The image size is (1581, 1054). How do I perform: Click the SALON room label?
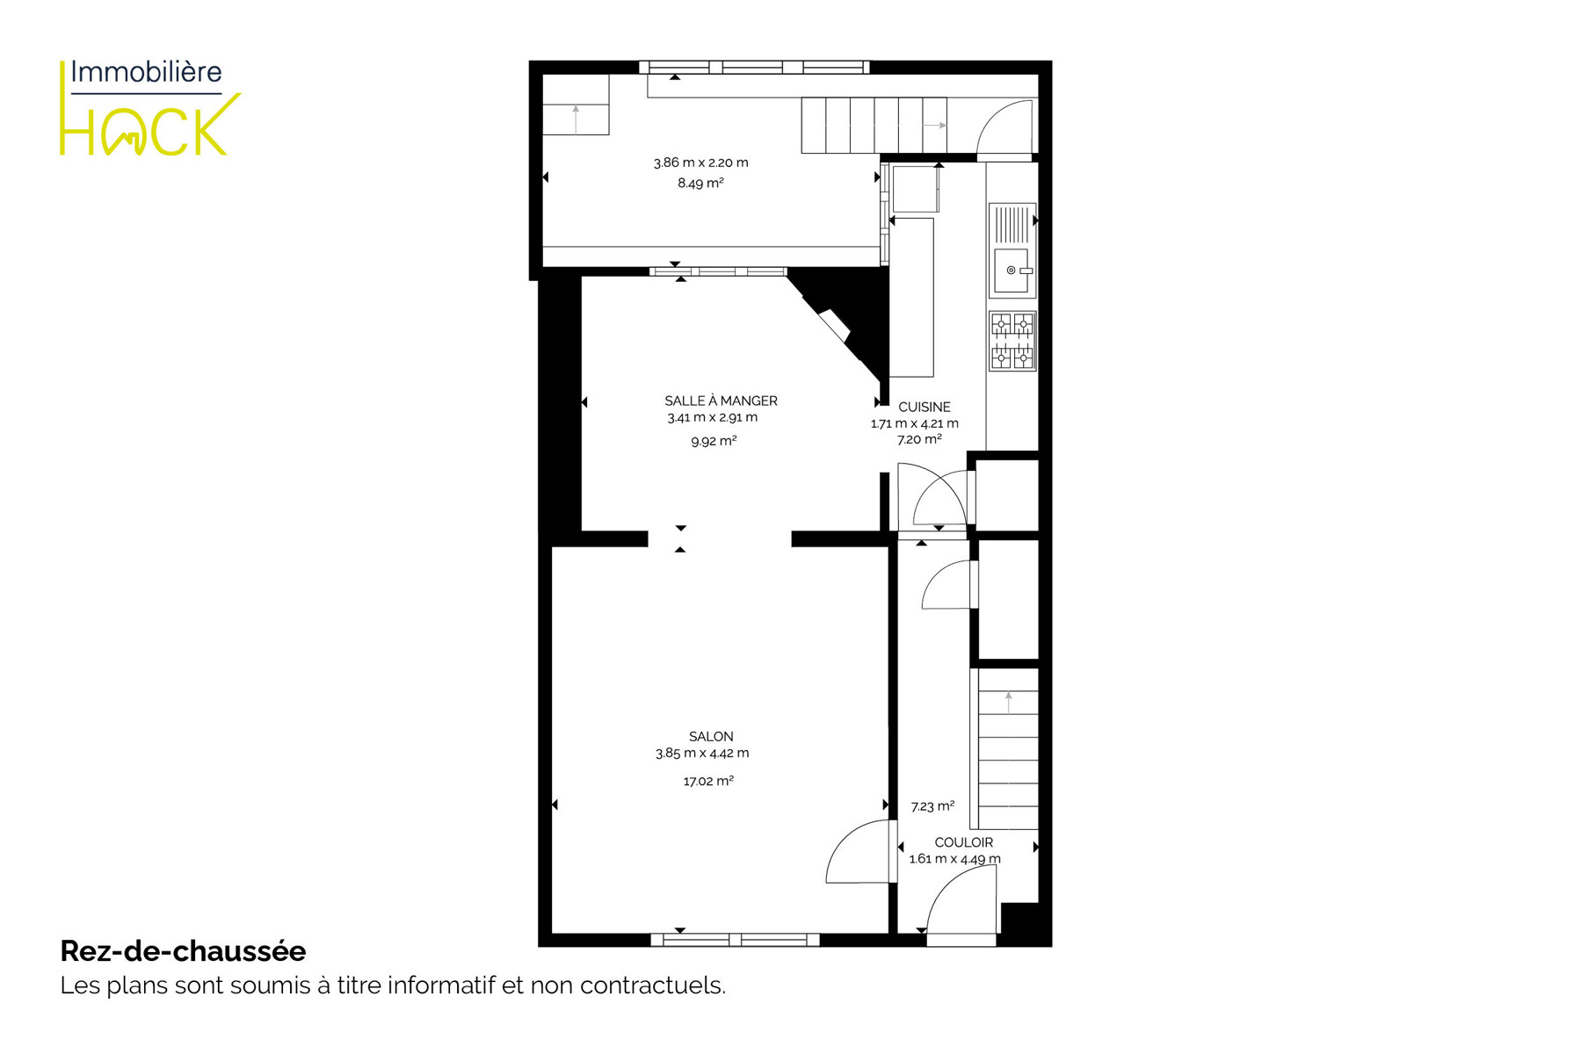[x=711, y=736]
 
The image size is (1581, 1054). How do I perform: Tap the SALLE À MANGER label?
[x=721, y=401]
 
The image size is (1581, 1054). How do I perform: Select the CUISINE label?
[x=924, y=407]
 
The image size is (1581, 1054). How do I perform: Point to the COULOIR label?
[x=963, y=842]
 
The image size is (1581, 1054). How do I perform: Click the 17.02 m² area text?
[x=708, y=781]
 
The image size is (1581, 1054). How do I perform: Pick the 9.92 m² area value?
[x=714, y=441]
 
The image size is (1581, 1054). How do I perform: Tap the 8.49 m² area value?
[x=700, y=183]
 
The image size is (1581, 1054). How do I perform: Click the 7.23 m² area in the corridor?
[x=932, y=806]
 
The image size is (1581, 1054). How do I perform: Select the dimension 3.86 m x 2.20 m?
[x=700, y=162]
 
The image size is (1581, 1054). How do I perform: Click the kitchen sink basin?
[x=1011, y=271]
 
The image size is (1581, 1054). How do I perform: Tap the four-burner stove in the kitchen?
[x=1012, y=341]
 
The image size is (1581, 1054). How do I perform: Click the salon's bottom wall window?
[x=735, y=940]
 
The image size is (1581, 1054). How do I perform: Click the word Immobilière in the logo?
[x=146, y=72]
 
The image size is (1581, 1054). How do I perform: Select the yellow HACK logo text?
[x=149, y=126]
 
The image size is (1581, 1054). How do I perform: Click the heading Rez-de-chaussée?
[x=183, y=951]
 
